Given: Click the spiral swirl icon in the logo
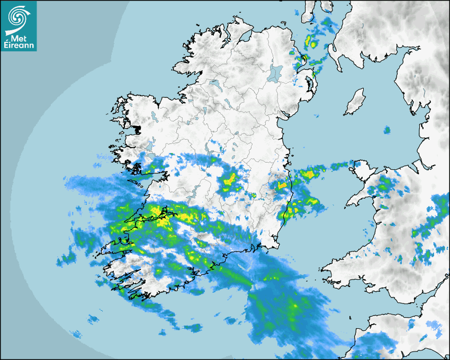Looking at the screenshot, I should pyautogui.click(x=19, y=16).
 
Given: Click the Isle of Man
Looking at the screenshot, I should pyautogui.click(x=355, y=102).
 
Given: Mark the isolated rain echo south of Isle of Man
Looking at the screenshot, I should pyautogui.click(x=387, y=130).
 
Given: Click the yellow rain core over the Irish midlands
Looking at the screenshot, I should pyautogui.click(x=229, y=182).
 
